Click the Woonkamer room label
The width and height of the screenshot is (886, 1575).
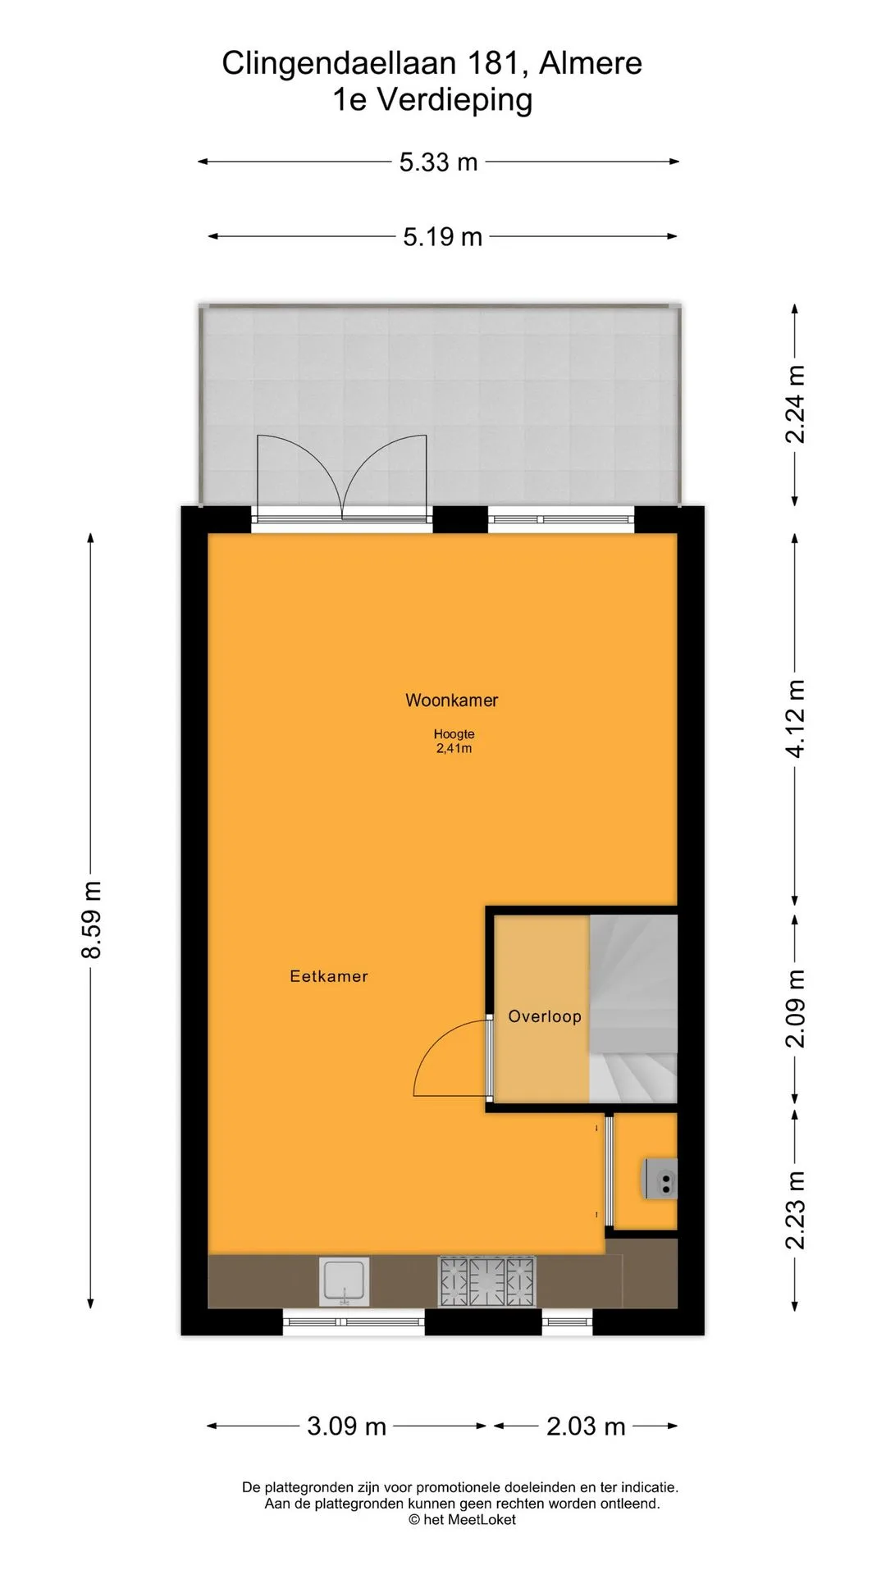451,701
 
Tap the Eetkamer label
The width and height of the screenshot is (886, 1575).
329,976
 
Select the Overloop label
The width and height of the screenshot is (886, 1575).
545,1016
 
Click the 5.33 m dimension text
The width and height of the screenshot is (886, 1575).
438,162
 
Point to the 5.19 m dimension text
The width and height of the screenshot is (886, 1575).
442,237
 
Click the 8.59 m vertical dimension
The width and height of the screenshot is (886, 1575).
91,920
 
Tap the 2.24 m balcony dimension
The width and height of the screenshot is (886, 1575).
795,404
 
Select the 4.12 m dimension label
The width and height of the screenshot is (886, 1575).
795,719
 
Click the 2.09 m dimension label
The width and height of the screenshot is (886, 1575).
795,1008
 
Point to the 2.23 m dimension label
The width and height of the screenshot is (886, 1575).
795,1210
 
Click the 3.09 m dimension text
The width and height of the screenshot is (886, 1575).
346,1427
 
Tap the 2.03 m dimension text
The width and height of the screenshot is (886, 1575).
586,1427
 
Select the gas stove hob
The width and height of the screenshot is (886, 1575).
486,1281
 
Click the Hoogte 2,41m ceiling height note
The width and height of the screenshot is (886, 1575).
454,742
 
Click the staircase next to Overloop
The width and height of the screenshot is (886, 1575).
633,1009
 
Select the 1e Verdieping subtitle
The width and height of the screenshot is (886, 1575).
432,100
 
